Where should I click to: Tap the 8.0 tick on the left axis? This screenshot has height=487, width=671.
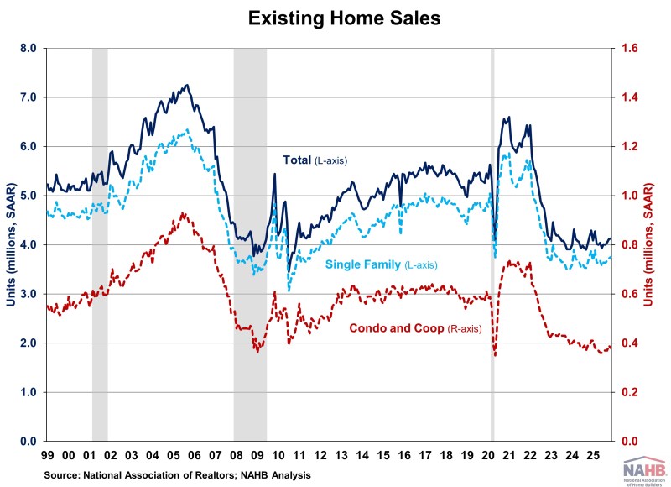27,49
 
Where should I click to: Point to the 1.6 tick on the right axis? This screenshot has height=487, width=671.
628,49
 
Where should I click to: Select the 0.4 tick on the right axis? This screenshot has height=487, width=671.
628,343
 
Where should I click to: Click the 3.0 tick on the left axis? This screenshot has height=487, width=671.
27,294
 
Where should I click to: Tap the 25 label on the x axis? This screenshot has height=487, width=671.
592,456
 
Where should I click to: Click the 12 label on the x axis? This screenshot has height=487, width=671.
320,456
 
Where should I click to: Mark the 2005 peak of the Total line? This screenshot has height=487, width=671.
187,85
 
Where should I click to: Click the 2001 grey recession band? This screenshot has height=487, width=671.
100,243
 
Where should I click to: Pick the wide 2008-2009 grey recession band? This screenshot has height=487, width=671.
250,243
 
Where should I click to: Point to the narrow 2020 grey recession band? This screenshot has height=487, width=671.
492,243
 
